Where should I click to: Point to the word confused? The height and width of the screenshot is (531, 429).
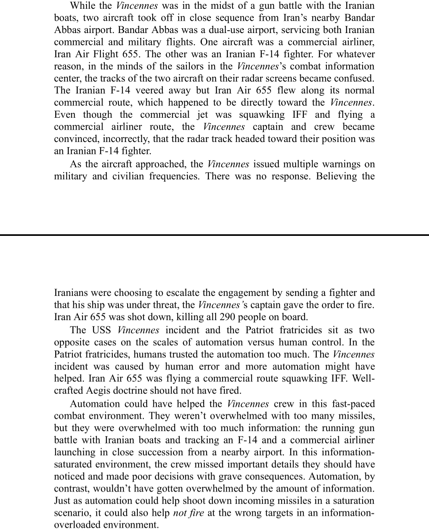pyautogui.click(x=354, y=78)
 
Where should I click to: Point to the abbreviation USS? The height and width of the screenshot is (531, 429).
pyautogui.click(x=102, y=330)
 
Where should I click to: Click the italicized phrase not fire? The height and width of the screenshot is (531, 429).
pyautogui.click(x=189, y=513)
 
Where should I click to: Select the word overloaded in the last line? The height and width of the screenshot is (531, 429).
pyautogui.click(x=77, y=524)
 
